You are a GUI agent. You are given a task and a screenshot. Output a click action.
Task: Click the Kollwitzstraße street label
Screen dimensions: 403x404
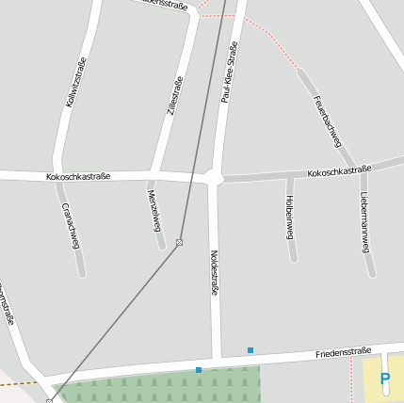pos(76,82)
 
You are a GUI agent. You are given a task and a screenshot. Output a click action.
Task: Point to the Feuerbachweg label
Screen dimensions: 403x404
pos(327,120)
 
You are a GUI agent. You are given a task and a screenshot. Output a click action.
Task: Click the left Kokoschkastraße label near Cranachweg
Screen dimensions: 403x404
pos(78,176)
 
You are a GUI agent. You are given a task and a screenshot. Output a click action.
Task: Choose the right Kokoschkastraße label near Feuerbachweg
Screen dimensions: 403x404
pos(339,171)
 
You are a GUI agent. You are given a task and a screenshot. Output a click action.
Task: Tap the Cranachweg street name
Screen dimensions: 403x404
pos(71,225)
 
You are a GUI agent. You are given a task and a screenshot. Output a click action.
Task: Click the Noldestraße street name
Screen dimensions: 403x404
pos(214,274)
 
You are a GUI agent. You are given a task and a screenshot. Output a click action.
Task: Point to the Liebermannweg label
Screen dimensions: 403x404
pos(364,222)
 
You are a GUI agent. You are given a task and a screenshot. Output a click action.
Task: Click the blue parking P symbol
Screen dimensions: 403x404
pos(384,379)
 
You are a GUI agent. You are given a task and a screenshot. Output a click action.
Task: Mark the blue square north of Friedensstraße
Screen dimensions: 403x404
pos(250,350)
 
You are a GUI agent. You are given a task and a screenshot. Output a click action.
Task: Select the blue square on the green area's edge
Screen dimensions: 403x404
pos(199,370)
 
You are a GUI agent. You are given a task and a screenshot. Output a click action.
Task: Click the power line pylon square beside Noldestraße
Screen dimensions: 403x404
pos(179,243)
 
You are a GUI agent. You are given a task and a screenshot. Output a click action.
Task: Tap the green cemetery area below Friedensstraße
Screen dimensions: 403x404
pos(160,388)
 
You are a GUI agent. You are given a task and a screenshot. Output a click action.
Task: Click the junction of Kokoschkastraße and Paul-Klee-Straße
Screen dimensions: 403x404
pos(214,177)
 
